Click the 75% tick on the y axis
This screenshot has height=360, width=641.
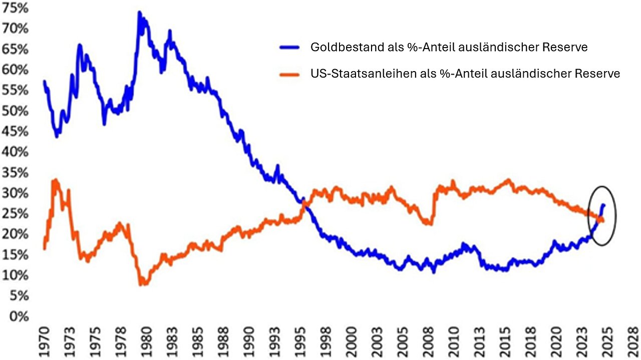(x=16, y=8)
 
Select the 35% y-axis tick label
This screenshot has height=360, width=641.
(x=16, y=172)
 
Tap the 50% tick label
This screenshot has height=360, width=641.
(x=16, y=111)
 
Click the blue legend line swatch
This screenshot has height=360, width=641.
(x=289, y=48)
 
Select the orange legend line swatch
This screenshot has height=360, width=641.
(x=289, y=74)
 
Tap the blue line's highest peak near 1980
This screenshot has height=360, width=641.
(x=139, y=12)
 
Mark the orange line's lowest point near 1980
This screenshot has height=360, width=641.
(x=142, y=284)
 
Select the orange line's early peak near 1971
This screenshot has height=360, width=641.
(x=55, y=180)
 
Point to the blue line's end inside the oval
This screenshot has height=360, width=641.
(x=604, y=205)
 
